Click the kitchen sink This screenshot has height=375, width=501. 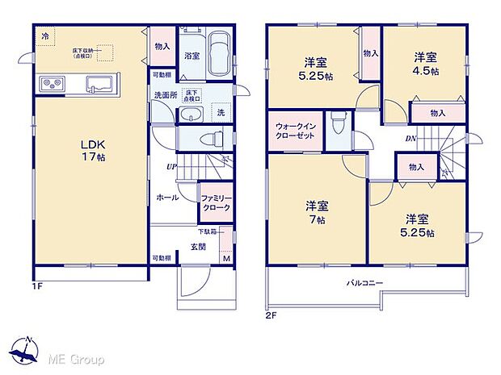tap(99, 82)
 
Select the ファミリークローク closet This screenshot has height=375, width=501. tap(215, 202)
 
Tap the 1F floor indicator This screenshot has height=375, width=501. tap(36, 285)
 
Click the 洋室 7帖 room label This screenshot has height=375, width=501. tap(315, 211)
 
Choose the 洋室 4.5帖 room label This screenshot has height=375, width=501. tap(426, 64)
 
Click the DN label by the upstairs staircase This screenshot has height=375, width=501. tap(410, 139)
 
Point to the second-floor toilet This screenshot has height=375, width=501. tap(340, 124)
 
